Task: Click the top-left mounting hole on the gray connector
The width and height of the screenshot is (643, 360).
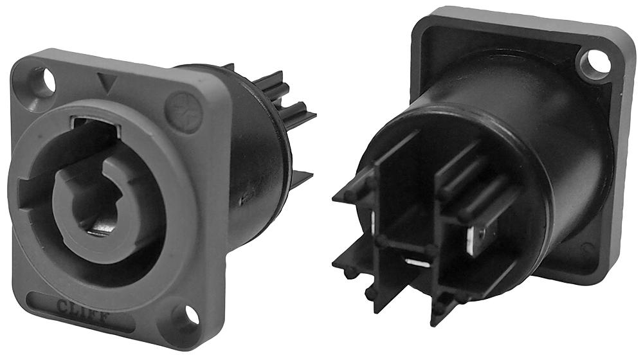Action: (x=44, y=82)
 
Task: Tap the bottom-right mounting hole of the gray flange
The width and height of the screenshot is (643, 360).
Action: (x=191, y=314)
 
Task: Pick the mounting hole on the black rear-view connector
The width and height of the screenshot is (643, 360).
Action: (x=595, y=62)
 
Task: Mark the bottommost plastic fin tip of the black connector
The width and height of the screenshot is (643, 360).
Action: (x=438, y=318)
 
